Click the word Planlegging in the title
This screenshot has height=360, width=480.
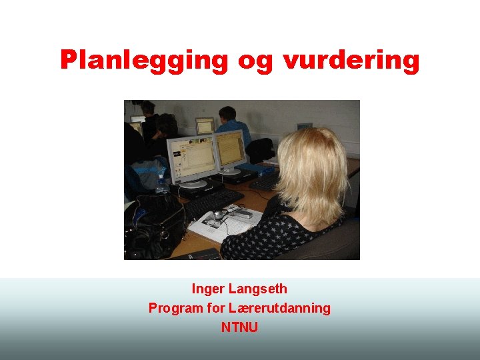(x=144, y=60)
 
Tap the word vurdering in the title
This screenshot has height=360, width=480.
(x=351, y=60)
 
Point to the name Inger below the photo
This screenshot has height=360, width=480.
(x=208, y=289)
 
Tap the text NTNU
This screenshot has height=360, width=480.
(x=239, y=327)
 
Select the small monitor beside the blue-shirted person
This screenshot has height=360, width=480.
(x=204, y=125)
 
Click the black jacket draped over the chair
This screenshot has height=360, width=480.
(x=261, y=150)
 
